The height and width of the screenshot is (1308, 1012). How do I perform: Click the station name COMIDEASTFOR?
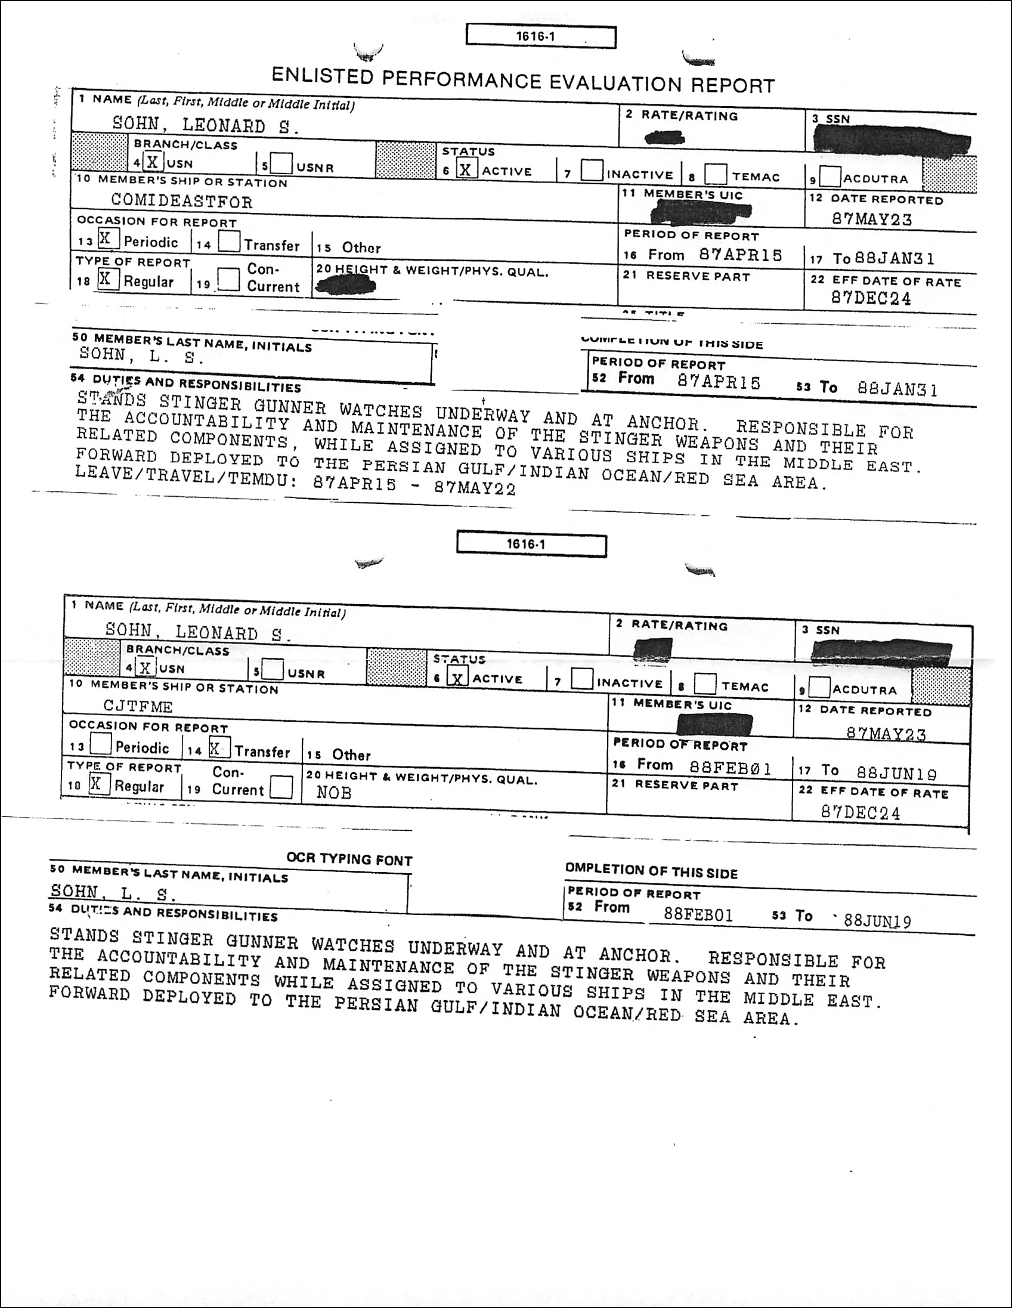[x=181, y=201]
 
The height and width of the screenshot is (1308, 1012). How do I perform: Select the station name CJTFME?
[x=138, y=707]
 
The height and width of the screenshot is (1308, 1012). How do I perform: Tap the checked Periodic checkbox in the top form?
[x=107, y=239]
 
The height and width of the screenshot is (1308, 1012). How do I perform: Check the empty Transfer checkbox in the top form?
[x=228, y=242]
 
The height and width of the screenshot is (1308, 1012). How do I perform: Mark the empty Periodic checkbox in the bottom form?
[x=100, y=745]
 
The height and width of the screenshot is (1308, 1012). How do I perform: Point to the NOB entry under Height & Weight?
[x=333, y=793]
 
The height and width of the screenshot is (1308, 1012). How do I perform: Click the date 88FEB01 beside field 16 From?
[x=730, y=768]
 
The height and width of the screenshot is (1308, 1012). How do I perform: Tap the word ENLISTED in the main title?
[x=322, y=76]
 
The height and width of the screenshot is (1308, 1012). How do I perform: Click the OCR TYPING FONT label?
[x=349, y=859]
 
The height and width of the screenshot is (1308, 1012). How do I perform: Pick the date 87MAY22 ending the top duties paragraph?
[x=475, y=488]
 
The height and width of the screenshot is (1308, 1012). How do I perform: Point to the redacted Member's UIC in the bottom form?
[x=713, y=725]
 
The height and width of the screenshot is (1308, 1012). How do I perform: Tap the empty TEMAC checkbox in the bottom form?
[x=705, y=684]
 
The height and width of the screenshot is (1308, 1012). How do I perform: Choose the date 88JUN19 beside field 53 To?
[x=877, y=920]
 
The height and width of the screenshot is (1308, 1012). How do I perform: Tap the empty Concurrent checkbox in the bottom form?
[x=281, y=787]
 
